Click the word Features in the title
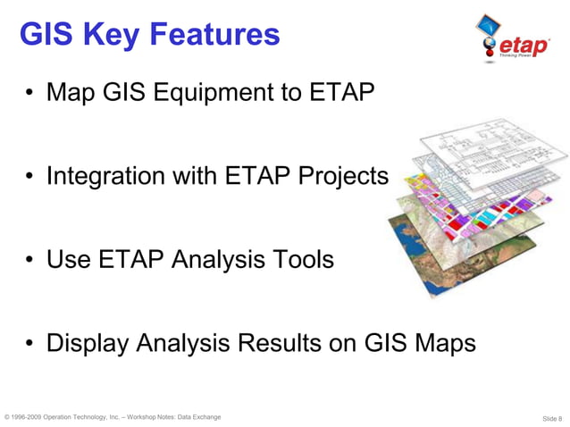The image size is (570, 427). click(214, 35)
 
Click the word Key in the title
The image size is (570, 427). click(112, 35)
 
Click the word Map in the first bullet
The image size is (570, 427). click(71, 92)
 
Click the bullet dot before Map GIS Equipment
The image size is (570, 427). click(29, 93)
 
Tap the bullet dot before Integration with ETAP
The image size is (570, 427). click(29, 177)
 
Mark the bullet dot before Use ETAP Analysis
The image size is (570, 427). click(29, 260)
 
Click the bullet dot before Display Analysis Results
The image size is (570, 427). click(29, 343)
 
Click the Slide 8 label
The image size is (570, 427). click(551, 418)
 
